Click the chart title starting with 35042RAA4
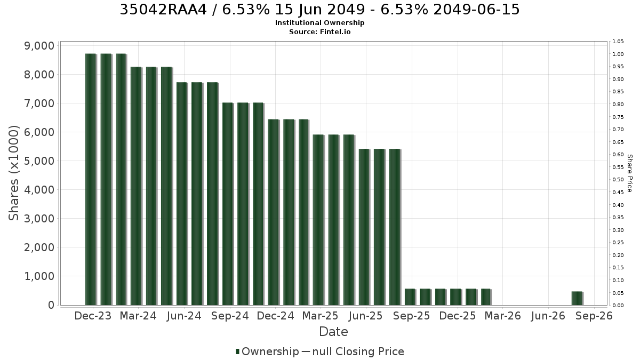[319, 10]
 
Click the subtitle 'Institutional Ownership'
[319, 23]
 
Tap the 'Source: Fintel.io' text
[319, 31]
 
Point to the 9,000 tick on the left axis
[39, 46]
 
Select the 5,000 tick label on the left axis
[39, 161]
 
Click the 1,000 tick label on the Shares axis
[39, 276]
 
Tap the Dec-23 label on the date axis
[93, 316]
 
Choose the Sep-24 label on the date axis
[230, 316]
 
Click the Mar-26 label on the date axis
[503, 316]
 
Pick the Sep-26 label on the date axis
[594, 316]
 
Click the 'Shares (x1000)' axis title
[13, 173]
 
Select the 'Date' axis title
[333, 332]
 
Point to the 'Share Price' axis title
[630, 173]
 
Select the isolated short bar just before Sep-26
[577, 298]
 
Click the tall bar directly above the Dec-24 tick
[274, 212]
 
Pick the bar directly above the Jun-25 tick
[365, 227]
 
